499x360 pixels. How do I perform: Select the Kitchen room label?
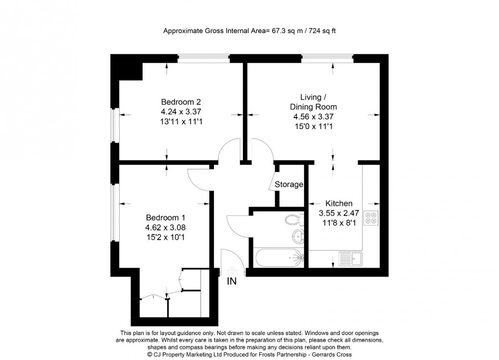coord(335,203)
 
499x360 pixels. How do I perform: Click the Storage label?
coord(289,184)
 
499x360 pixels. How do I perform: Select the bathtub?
coord(278,258)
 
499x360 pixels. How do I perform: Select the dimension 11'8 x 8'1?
coord(335,223)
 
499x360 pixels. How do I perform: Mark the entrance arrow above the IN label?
coord(232,269)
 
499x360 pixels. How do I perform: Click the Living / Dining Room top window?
coord(327,58)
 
